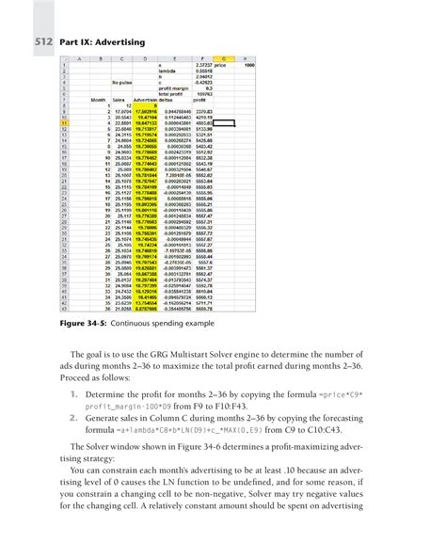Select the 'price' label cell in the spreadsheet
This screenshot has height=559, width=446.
(x=221, y=64)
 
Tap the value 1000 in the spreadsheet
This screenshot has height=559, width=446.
(x=249, y=64)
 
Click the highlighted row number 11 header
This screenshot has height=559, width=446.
(x=63, y=123)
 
